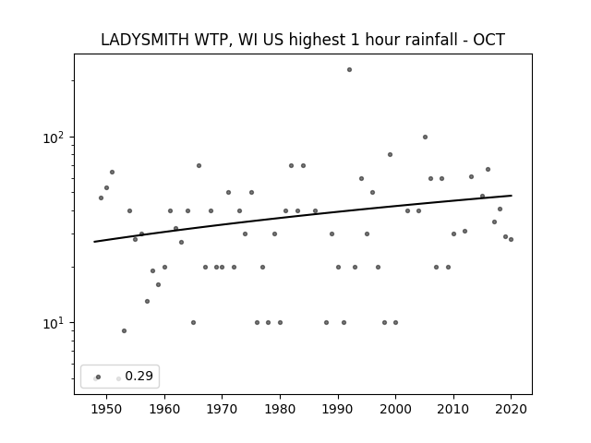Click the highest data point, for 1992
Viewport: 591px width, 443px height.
[x=349, y=70]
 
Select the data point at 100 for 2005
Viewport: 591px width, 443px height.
[x=425, y=138]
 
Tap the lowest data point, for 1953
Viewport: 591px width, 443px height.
[x=124, y=331]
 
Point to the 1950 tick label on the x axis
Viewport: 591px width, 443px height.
[x=107, y=409]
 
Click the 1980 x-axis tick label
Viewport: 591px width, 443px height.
[x=280, y=409]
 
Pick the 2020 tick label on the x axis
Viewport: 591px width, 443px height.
[x=511, y=409]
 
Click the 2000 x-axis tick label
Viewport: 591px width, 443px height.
[x=396, y=409]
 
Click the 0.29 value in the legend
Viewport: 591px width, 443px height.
[x=139, y=376]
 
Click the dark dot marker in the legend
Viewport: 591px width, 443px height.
[x=99, y=377]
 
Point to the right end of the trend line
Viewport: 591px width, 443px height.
[x=512, y=196]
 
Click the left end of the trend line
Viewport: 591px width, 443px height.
[x=94, y=242]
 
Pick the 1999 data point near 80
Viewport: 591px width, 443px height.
[x=390, y=155]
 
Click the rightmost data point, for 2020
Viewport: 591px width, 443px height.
[x=511, y=240]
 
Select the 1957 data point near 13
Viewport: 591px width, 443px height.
[x=148, y=302]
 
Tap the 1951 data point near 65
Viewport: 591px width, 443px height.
[x=112, y=173]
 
